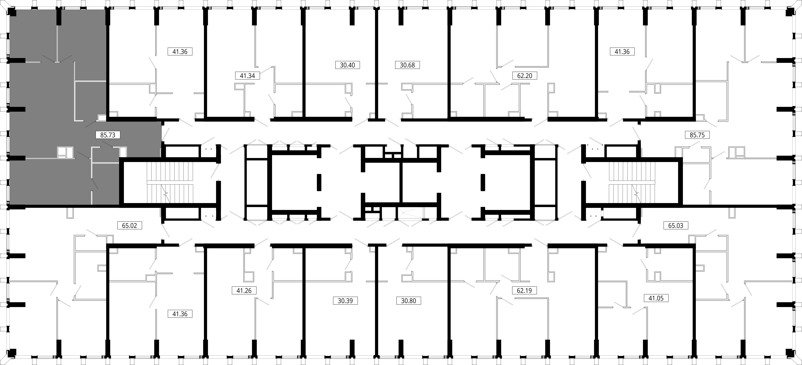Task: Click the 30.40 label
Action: (x=347, y=65)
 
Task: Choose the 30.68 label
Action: (x=407, y=65)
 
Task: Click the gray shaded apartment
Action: (x=56, y=106)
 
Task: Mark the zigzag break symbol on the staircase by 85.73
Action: (x=166, y=194)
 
